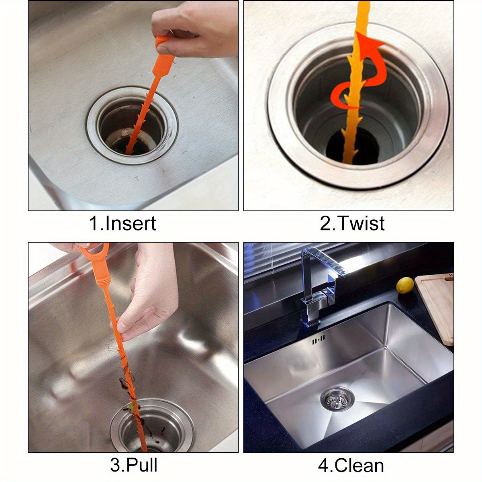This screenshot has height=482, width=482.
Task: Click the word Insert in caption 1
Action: point(130,223)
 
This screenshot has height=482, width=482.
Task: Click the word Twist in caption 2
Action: point(360,223)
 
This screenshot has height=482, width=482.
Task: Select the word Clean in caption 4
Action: point(359,465)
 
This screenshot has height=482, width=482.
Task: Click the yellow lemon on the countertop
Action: point(405,285)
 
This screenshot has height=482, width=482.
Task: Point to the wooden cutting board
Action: point(436,305)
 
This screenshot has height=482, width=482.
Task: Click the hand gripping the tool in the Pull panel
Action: point(149,293)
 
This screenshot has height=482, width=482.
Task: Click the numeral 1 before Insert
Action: point(93,223)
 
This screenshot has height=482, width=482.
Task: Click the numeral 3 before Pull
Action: point(115,465)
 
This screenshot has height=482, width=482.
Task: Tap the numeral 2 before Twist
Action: point(325,223)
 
